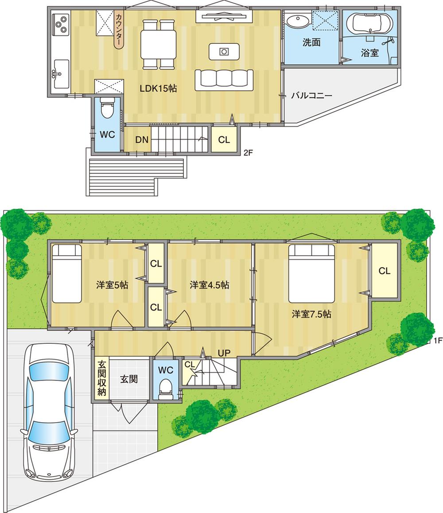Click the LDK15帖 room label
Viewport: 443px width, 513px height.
point(158,88)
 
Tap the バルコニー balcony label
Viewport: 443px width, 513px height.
point(311,95)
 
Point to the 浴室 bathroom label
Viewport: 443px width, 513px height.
point(369,53)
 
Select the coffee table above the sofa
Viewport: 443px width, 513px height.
point(224,51)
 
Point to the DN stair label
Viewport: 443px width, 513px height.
point(141,140)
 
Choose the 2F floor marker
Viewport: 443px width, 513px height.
point(248,154)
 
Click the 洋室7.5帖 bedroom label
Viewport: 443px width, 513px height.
point(311,315)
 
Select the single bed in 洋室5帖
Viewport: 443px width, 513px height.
point(67,273)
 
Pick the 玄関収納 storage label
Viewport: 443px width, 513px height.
point(101,379)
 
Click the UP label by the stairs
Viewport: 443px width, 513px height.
point(224,353)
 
